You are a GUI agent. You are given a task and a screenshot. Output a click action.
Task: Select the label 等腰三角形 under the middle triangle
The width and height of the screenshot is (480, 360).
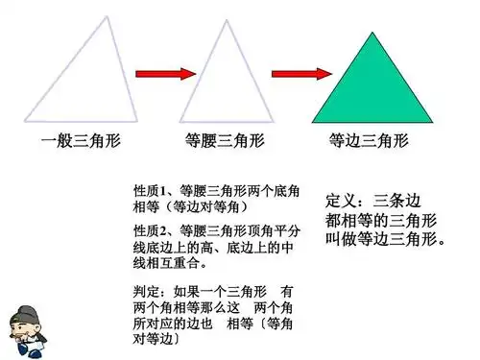pos(225,141)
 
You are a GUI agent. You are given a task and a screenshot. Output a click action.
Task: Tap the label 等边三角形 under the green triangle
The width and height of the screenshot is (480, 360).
pos(369,141)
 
